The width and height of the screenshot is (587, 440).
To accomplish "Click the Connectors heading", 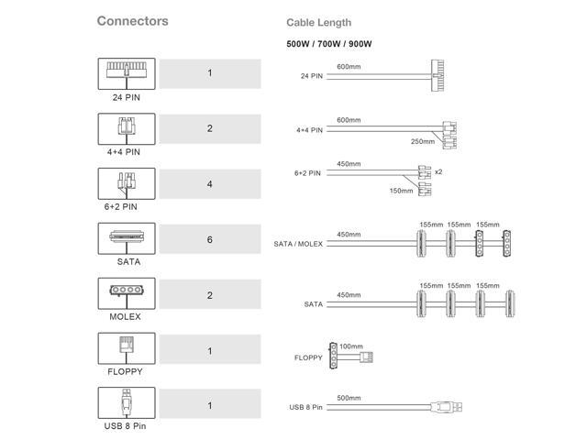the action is coord(132,21).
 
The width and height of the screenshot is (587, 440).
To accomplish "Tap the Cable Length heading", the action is coord(319,22).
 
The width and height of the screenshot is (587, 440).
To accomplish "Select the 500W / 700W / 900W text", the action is coord(329,44).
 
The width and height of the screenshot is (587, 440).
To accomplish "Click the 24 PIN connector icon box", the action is coord(127,73).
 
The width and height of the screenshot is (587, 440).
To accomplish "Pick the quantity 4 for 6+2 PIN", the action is coord(210,184).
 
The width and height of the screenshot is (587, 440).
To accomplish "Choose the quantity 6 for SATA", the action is coord(210,239).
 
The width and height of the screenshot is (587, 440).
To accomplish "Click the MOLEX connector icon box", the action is coord(127,293).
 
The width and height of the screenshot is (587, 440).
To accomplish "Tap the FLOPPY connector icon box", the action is coord(127,348).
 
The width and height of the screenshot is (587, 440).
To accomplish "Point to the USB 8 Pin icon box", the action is coord(127,403).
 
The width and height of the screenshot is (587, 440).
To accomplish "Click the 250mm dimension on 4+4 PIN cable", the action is coord(423,141).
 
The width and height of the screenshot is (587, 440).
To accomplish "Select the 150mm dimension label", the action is coord(402,191).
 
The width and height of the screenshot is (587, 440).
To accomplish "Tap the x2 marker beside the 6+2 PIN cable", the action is coord(438,171).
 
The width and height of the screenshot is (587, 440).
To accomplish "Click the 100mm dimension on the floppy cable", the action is coord(351,346).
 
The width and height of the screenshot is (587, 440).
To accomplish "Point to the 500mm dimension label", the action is coord(349,398).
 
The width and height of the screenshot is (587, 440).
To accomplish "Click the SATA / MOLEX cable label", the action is coord(298,244).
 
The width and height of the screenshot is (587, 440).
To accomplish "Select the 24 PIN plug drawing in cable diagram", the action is coord(437,75).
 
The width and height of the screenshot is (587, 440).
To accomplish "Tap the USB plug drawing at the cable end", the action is coord(447,407).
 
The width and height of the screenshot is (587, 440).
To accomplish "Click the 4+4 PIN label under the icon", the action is coord(124,152).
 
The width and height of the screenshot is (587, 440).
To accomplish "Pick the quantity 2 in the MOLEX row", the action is coord(210,295).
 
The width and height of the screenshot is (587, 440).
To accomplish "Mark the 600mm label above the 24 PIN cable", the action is coord(349,67).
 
